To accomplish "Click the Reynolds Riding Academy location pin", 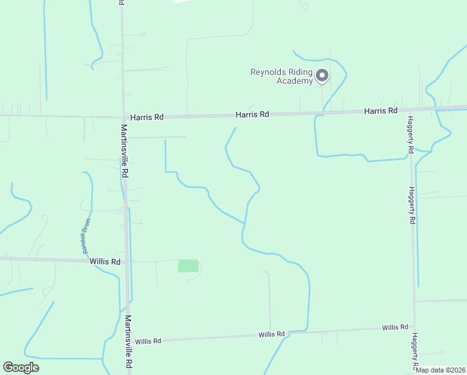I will [x=322, y=76].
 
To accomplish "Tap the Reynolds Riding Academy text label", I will [x=281, y=76].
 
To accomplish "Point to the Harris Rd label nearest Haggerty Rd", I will [x=381, y=111].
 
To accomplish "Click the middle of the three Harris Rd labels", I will [x=252, y=114].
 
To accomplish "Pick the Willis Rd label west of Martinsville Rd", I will [x=104, y=262].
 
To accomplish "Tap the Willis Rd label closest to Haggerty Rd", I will [x=395, y=327].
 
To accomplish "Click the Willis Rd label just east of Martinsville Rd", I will [x=148, y=341].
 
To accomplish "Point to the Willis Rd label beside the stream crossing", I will [x=272, y=334].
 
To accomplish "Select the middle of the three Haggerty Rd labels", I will [x=412, y=206].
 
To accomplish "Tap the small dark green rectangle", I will [x=188, y=266].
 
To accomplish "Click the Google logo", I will [x=21, y=367].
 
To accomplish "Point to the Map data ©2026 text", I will [x=440, y=370].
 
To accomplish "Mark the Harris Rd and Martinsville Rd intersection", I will [x=122, y=116].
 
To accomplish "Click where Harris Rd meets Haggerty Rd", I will [x=410, y=110].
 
